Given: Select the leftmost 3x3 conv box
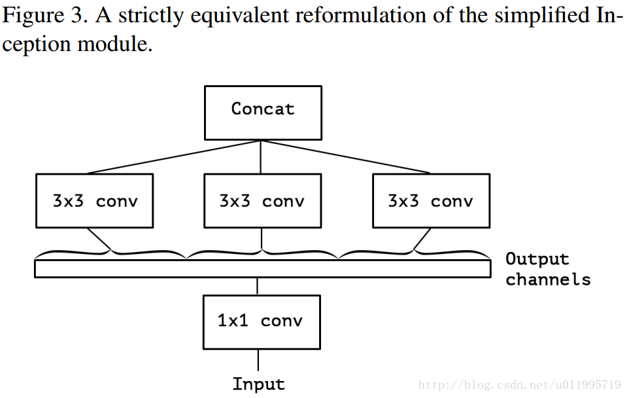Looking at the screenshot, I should pos(95,201).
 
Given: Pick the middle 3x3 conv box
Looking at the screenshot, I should pos(262,201).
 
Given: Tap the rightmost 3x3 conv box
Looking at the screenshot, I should pos(431,201).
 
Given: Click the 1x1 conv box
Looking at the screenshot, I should pos(262,321).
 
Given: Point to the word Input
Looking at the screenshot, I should pos(259,384).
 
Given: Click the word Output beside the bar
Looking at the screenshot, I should pos(537,259).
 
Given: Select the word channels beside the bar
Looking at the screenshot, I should pos(548,280).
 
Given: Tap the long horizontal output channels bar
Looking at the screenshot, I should pos(262,268).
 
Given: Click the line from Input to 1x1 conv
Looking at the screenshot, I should pos(258,361).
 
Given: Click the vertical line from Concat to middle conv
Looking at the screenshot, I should pos(262,157).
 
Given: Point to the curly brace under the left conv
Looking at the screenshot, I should pos(111,251).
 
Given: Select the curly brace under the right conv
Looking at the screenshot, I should pos(414,251).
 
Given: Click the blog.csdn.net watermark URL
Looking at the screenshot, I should pos(519,384).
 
